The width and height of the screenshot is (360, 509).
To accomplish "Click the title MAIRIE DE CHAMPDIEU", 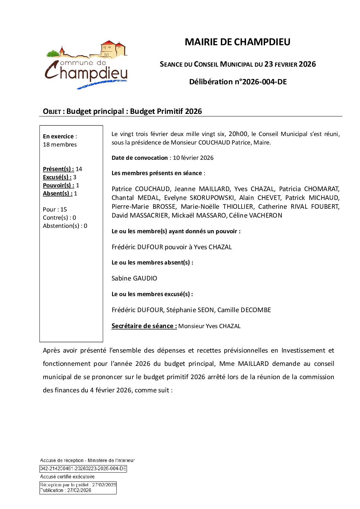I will [237, 42].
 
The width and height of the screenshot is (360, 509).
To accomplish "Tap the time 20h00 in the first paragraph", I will [238, 134].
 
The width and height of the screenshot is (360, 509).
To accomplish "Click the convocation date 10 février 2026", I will [193, 158].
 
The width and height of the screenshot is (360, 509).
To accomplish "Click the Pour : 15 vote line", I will [55, 209].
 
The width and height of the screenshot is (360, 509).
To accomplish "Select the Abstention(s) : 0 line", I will [65, 226].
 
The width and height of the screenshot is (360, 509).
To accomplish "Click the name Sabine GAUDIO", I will [134, 278].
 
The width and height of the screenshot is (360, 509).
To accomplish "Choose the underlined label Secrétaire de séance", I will [144, 326].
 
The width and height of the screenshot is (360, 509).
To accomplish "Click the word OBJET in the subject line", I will [52, 112].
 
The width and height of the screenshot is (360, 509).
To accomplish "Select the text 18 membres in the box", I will [60, 145].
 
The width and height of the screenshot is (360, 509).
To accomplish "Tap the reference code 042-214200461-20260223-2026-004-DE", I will [83, 469].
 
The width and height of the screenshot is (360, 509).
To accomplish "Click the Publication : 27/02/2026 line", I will [66, 490].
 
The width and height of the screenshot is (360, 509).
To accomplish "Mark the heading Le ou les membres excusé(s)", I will [152, 294].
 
